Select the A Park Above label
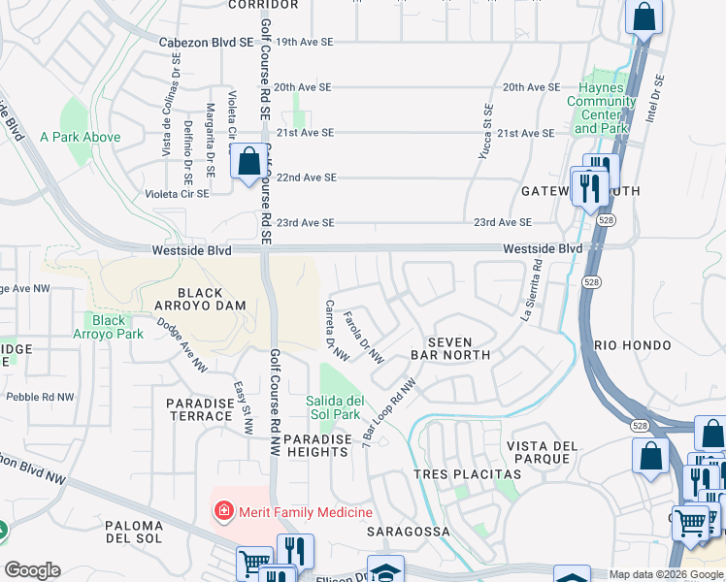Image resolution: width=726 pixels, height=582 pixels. click(81, 137)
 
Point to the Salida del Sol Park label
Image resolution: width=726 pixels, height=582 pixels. click(335, 407)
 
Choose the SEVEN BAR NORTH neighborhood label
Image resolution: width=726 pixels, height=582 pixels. click(448, 348)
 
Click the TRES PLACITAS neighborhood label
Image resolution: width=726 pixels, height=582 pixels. click(467, 474)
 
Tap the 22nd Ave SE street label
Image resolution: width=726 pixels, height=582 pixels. click(306, 178)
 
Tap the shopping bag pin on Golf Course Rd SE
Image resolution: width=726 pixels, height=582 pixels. click(248, 162)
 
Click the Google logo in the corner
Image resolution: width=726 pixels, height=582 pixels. click(32, 570)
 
